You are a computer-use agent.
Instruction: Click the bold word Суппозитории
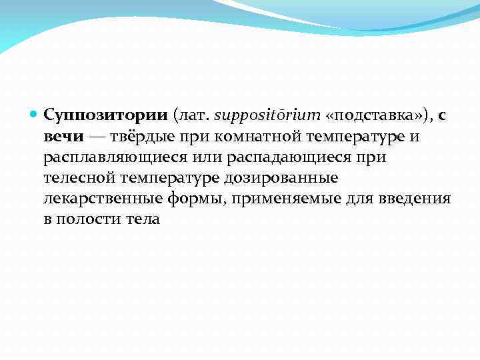pyautogui.click(x=105, y=115)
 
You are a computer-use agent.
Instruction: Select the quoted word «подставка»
pyautogui.click(x=374, y=115)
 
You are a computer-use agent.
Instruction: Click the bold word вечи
pyautogui.click(x=63, y=137)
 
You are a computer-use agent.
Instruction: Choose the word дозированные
pyautogui.click(x=288, y=179)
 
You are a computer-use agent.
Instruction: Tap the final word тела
pyautogui.click(x=143, y=220)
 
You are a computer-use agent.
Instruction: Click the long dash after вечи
pyautogui.click(x=97, y=137)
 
